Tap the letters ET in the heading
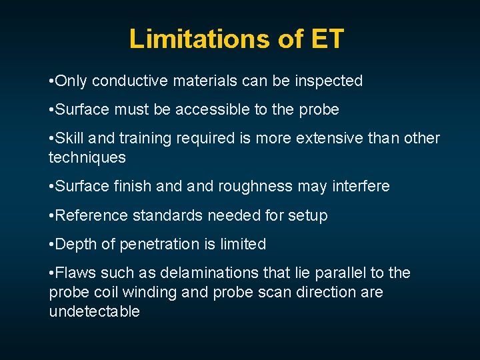tap(327, 39)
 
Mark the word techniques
tap(87, 157)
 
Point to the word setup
tap(308, 215)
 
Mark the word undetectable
tap(94, 312)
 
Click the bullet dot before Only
tap(51, 82)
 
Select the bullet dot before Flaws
tap(51, 273)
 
